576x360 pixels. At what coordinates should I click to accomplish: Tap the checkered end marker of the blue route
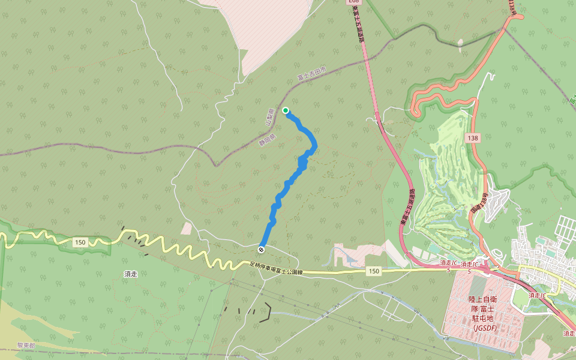coord(262,249)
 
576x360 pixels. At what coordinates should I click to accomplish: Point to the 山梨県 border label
coord(270,116)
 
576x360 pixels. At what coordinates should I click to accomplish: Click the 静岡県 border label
coord(266,139)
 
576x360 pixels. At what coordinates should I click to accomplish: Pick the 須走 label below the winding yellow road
coord(131,274)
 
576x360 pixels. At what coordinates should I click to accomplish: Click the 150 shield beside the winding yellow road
coord(80,242)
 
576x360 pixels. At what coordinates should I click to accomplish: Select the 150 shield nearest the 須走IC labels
coord(374,271)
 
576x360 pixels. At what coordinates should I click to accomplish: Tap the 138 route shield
coord(471,138)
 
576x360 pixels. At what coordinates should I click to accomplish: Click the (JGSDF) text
coord(484,328)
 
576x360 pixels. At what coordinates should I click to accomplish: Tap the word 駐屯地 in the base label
coord(484,319)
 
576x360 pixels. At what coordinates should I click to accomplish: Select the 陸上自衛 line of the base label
coord(484,299)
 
